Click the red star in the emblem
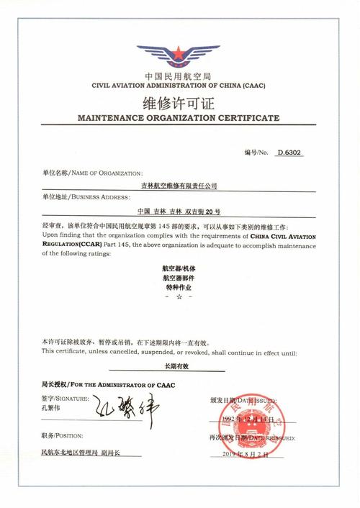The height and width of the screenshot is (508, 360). (x=178, y=53)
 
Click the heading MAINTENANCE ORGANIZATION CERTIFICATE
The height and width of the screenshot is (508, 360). (x=178, y=117)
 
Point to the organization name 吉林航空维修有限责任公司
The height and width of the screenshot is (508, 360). (x=180, y=186)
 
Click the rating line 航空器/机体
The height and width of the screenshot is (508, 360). (x=179, y=268)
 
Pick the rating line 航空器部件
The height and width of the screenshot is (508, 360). (x=179, y=277)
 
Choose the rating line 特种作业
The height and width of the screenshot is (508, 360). (x=179, y=286)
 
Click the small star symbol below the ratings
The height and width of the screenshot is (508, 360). (x=179, y=296)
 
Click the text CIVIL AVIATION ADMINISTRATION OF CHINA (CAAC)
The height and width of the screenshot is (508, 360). (x=178, y=85)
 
